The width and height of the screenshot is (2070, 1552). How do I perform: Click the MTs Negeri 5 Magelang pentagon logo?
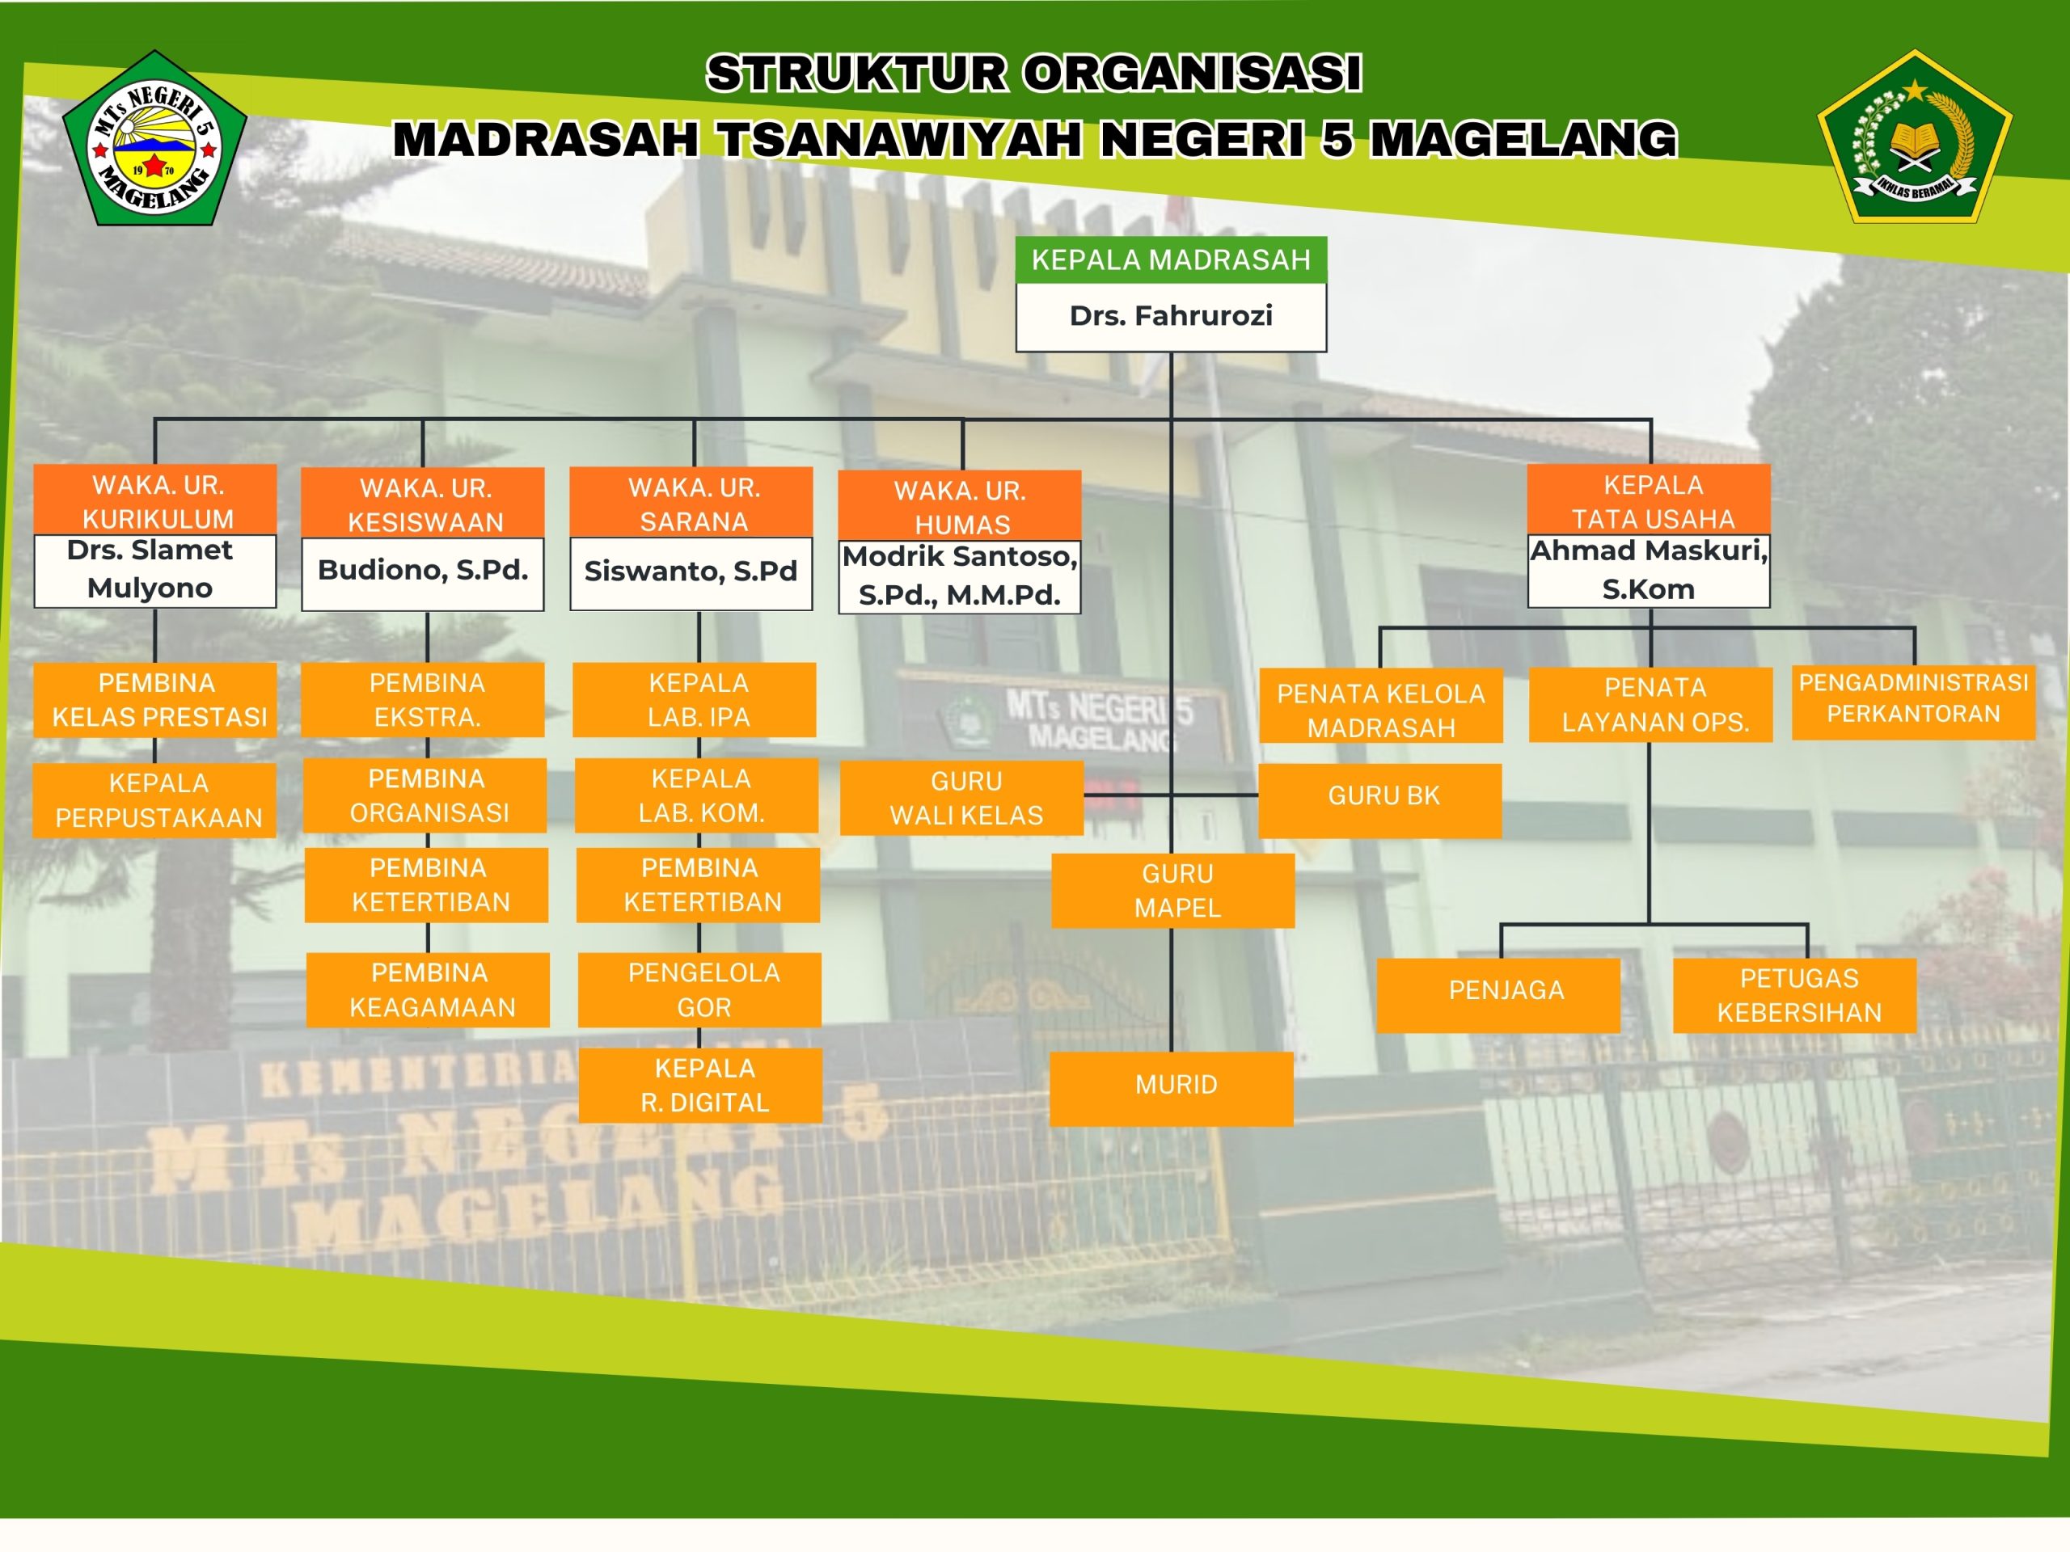pos(154,138)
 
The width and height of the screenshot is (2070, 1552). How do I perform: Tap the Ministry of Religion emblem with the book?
pos(1915,137)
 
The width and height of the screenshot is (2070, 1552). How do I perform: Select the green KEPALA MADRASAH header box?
pos(1171,260)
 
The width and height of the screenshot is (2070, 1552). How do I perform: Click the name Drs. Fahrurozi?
pos(1171,316)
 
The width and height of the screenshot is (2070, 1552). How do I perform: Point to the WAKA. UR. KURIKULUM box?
pos(155,500)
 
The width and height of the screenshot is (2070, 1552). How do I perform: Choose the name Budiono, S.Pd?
pos(423,570)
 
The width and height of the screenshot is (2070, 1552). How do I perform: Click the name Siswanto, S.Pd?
pos(691,571)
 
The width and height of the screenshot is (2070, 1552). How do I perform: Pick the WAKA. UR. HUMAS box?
pos(960,506)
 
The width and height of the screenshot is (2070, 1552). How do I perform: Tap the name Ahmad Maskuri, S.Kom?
pos(1649,570)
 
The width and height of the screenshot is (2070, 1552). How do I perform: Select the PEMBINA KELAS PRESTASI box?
pos(155,700)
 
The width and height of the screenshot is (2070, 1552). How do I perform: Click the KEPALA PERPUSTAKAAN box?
pos(155,800)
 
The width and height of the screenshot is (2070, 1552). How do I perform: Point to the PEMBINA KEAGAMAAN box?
pos(429,989)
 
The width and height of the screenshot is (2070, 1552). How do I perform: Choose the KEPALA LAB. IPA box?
pos(695,700)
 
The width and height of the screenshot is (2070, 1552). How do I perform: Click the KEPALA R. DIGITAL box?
pos(701,1085)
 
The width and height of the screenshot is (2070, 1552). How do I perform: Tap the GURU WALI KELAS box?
pos(962,798)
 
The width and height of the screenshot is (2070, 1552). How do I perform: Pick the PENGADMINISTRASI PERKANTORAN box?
pos(1914,702)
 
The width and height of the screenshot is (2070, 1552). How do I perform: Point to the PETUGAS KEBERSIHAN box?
pos(1795,995)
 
